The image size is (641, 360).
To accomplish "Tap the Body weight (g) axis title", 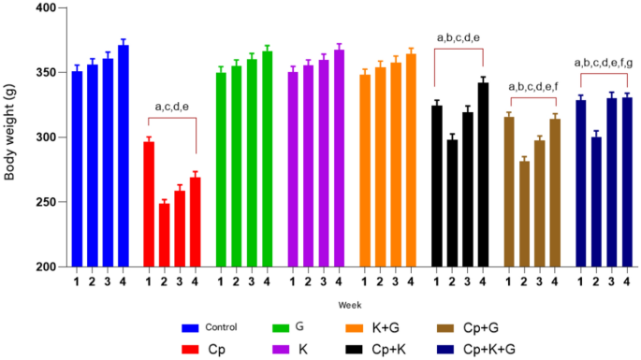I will [10, 138].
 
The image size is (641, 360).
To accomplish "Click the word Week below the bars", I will [351, 305].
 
